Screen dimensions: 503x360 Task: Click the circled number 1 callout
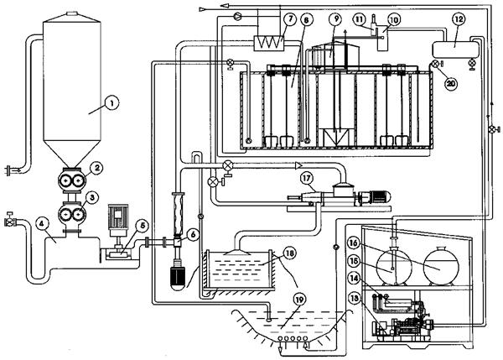112,104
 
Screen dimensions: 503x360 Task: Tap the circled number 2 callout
97,168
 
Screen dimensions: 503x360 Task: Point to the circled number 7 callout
290,19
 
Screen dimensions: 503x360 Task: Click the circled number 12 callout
459,19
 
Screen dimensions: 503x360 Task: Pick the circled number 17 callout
307,178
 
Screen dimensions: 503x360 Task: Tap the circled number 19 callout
299,300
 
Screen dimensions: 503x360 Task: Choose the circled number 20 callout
451,83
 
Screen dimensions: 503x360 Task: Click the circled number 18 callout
289,253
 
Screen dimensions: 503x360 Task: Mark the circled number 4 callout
42,224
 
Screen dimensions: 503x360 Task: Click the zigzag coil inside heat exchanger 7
269,43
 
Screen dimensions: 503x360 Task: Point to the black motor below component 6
177,278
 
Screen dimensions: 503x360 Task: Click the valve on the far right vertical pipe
493,129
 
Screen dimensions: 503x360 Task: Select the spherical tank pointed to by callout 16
442,265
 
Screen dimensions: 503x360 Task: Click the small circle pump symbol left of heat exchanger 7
237,15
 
